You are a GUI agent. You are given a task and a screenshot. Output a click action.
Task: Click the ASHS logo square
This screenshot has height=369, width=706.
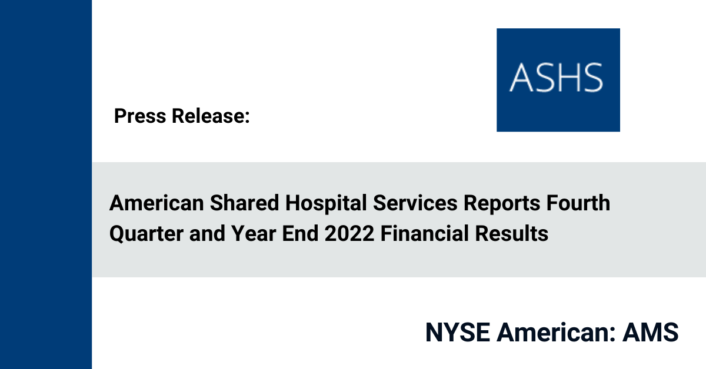tap(558, 80)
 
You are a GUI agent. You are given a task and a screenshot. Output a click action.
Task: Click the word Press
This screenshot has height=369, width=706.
tap(140, 116)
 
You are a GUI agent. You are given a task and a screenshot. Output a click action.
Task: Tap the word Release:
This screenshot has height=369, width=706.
tap(211, 116)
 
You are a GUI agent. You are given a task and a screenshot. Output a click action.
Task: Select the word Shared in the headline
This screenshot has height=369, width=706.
tap(245, 203)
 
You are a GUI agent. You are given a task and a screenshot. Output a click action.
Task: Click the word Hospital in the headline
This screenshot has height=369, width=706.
tap(326, 204)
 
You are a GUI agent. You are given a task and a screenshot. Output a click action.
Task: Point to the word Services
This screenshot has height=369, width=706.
tap(415, 203)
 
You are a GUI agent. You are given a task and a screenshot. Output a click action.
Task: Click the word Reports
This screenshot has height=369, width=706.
tap(502, 204)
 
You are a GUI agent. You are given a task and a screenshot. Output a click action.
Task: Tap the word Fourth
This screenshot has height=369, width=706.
tap(578, 203)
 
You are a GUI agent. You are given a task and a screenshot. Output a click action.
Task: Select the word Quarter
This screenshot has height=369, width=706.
tap(146, 234)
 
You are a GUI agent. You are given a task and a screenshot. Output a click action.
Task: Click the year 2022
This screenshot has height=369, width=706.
tap(349, 234)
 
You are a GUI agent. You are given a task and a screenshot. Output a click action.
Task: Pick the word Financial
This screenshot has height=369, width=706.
tap(425, 234)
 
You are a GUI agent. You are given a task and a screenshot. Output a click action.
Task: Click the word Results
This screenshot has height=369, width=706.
tap(511, 234)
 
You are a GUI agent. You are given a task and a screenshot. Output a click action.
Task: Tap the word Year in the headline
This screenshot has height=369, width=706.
tap(254, 234)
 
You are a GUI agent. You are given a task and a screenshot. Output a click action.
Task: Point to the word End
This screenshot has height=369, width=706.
tap(300, 234)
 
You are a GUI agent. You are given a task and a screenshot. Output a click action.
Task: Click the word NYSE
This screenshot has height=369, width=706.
tap(458, 332)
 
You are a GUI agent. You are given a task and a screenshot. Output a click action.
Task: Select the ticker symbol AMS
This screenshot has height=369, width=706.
tap(650, 332)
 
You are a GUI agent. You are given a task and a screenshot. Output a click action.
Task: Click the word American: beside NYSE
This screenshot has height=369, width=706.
tap(556, 332)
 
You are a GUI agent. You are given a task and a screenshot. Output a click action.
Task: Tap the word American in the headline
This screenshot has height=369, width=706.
tap(156, 203)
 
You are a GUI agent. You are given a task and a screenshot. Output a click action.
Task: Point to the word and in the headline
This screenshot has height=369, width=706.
tap(207, 234)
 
